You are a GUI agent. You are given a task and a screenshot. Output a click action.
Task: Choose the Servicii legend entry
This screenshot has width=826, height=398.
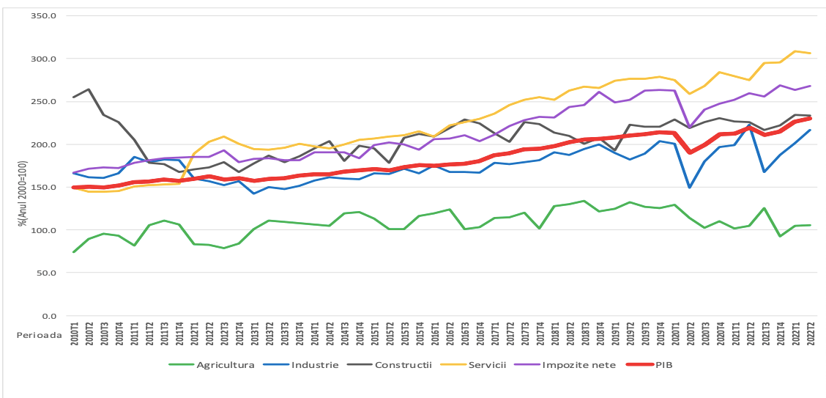(x=488, y=364)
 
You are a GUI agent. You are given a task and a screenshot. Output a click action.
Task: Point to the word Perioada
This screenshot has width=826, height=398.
(x=37, y=332)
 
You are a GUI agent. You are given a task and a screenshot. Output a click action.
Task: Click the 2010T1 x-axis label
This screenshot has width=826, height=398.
(x=74, y=341)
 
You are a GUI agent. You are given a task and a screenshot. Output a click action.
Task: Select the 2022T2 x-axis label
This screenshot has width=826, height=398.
(x=809, y=341)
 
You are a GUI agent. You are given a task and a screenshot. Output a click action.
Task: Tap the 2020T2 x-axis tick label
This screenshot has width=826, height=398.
(x=690, y=341)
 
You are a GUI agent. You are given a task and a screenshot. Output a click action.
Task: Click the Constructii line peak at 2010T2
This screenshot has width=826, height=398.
(x=89, y=89)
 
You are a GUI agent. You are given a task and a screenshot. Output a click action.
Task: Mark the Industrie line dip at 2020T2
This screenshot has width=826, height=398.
(x=690, y=188)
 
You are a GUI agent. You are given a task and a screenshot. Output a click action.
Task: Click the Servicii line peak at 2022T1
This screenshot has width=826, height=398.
(x=795, y=51)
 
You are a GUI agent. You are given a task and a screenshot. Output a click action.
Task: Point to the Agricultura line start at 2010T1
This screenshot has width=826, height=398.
(x=74, y=252)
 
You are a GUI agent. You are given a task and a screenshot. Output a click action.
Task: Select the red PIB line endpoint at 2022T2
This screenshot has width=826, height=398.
(x=809, y=118)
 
